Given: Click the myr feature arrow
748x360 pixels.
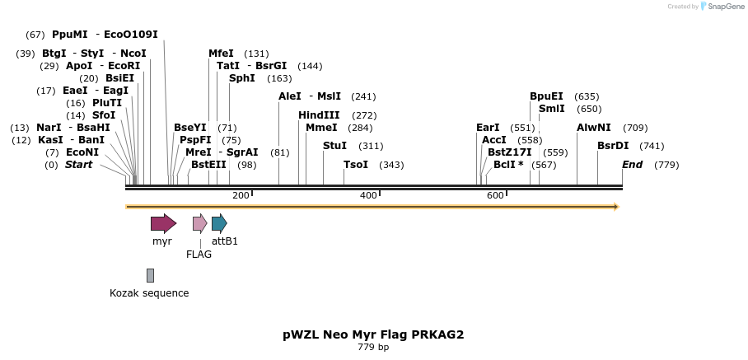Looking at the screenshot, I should point(163,223).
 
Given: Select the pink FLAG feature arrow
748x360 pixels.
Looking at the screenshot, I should point(199,223).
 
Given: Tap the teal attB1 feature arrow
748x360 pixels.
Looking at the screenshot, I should point(219,223).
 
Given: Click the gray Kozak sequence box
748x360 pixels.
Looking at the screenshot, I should point(150,275).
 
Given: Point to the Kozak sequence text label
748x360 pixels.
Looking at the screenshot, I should point(149,293).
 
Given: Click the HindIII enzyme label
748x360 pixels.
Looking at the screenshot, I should point(319,115).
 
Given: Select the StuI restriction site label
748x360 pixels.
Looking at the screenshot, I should point(334,146).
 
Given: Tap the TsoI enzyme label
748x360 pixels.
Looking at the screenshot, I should point(356,165).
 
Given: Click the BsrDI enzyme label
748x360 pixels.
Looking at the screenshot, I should point(613,146).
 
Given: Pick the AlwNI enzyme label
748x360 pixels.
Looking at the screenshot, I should point(594,128).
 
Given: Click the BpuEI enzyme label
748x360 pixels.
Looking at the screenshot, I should point(546,96).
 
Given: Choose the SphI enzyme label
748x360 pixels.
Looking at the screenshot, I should point(242,78).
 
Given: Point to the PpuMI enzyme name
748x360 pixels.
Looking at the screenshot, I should point(69,35).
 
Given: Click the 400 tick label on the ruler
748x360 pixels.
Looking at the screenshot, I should point(368,195).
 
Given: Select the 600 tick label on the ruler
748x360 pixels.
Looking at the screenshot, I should point(495,195).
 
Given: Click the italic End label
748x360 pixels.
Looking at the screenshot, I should point(632,165).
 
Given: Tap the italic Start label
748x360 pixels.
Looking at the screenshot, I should point(78,165).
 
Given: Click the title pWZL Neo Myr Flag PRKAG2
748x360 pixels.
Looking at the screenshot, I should point(373,334).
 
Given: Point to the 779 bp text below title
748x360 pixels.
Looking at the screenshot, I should point(373,348).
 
